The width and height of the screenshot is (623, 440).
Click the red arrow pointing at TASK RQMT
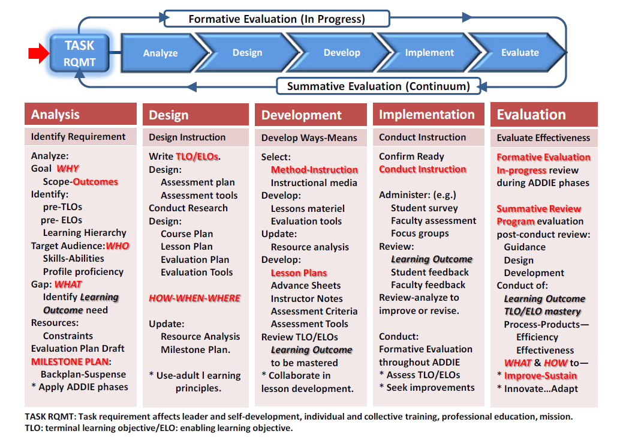(38, 53)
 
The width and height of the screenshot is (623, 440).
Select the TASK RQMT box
(80, 53)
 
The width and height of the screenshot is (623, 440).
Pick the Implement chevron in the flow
(429, 52)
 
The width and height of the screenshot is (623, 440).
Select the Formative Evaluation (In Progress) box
(277, 19)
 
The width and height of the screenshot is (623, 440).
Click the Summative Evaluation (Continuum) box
(378, 86)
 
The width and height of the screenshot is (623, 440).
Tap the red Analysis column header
(81, 114)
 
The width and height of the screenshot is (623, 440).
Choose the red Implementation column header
(429, 114)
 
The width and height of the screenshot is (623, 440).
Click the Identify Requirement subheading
(79, 136)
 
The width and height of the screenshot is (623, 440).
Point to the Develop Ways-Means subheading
(309, 137)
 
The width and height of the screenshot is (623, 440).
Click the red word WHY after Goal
(68, 169)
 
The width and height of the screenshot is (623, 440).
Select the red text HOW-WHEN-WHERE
(195, 298)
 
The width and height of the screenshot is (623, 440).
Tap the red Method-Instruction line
(314, 170)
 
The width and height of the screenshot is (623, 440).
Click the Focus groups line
(420, 234)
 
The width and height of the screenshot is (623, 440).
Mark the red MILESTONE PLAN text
(70, 361)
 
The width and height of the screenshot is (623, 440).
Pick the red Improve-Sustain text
(540, 376)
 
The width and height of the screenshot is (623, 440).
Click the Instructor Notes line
(307, 298)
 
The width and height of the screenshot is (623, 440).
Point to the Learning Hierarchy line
(85, 233)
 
